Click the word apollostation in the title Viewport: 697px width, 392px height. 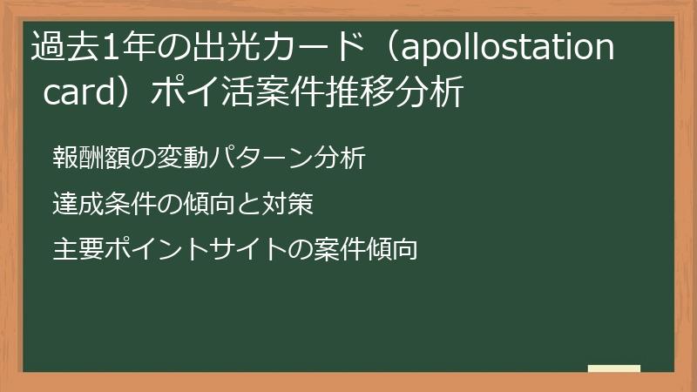point(507,48)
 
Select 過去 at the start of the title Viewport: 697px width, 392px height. point(64,46)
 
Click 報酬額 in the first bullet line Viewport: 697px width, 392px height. point(91,158)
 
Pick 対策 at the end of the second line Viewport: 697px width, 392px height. point(288,204)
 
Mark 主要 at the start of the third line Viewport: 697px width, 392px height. point(78,249)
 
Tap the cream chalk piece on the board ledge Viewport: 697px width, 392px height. point(614,368)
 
